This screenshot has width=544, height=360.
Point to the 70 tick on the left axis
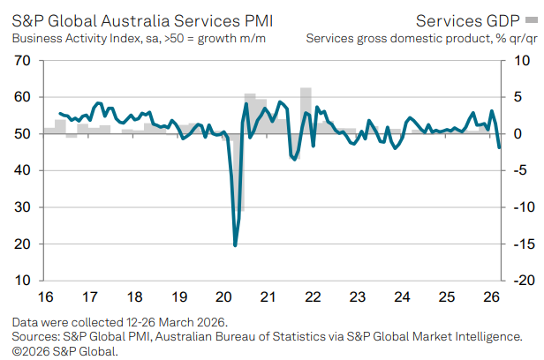point(23,60)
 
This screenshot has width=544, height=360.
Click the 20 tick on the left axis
point(23,244)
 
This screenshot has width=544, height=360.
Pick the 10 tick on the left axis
point(23,281)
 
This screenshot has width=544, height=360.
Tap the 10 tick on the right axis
point(522,60)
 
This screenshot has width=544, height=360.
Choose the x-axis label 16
point(44,297)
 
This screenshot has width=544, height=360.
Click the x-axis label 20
point(223,297)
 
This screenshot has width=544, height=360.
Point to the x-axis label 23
point(358,297)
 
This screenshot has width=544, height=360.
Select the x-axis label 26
point(491,297)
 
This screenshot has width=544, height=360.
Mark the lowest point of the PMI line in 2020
point(235,245)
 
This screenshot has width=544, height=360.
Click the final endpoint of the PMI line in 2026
point(499,147)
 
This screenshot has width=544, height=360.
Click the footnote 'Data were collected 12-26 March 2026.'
point(119,322)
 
